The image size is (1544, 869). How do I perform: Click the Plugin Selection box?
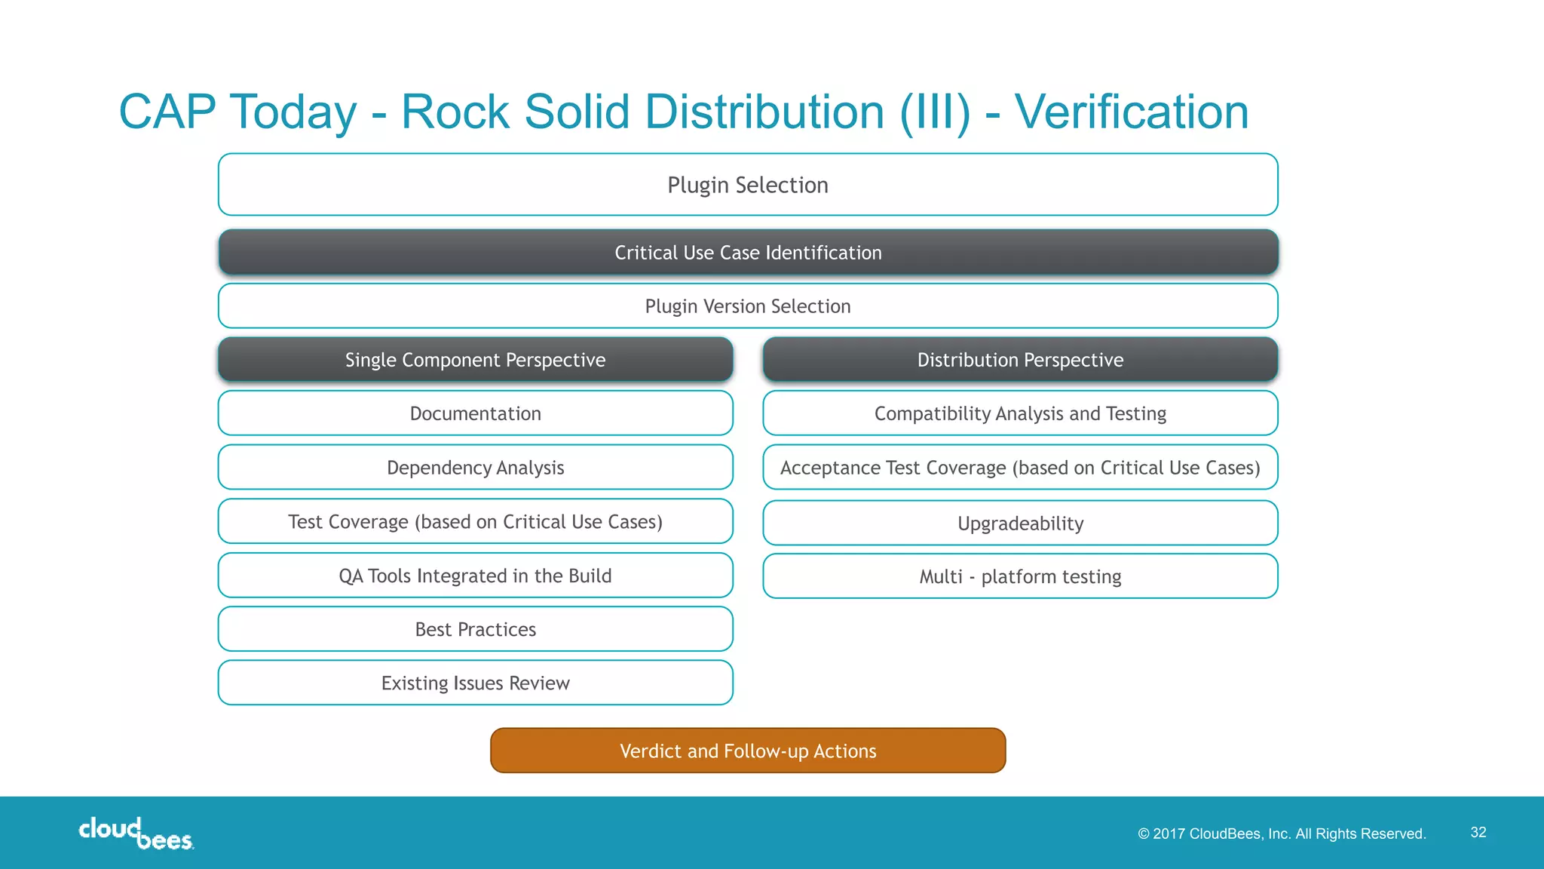click(748, 185)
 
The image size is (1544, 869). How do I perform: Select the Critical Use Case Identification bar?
click(748, 253)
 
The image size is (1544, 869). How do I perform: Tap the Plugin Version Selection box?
click(748, 306)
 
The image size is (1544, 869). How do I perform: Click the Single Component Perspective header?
click(475, 360)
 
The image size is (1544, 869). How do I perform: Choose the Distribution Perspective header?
click(1020, 360)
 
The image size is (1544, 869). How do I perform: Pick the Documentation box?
click(475, 413)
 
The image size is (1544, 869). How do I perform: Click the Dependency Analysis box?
click(475, 468)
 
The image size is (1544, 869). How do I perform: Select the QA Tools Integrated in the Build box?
click(475, 576)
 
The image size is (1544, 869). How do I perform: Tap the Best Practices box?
click(475, 629)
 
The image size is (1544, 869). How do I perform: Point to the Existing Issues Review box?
click(475, 683)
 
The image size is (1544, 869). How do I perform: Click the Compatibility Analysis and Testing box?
click(1020, 413)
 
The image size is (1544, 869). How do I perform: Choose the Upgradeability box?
click(1020, 524)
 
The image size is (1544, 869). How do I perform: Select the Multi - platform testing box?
click(1020, 576)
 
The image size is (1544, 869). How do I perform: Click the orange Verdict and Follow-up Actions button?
click(748, 751)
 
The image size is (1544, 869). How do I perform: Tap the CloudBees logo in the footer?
click(136, 834)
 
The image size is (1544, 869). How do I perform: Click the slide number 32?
click(1478, 832)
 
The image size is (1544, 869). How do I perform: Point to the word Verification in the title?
click(1131, 112)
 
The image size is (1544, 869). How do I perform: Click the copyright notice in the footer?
click(1282, 834)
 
